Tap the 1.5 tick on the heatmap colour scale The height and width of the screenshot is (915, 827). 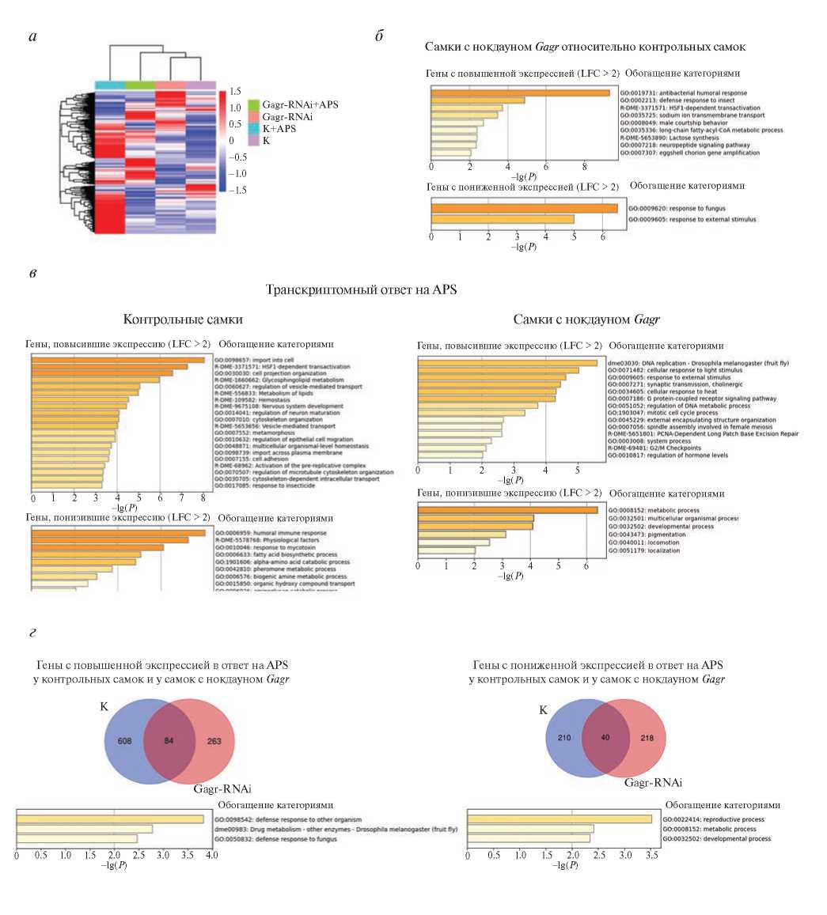point(235,92)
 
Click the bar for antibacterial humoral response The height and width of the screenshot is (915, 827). point(520,93)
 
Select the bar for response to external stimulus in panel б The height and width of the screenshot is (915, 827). point(503,219)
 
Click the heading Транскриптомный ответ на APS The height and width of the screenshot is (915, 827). point(361,290)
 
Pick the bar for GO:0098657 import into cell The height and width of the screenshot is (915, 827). point(118,361)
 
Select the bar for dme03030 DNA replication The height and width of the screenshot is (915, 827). point(507,363)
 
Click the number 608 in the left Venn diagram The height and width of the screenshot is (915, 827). point(125,741)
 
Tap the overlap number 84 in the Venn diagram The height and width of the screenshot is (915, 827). point(168,741)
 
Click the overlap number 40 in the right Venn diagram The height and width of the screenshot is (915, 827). point(605,738)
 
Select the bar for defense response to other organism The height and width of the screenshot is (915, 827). point(110,819)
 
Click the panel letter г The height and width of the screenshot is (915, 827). point(31,632)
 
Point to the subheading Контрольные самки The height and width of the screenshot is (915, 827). point(183,319)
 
